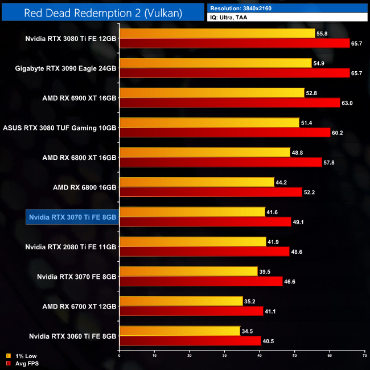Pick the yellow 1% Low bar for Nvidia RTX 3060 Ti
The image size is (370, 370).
point(180,331)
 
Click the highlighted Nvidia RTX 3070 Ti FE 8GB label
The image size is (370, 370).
point(72,216)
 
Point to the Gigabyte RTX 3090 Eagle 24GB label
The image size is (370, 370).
point(66,68)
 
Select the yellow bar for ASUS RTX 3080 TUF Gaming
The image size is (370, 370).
point(209,123)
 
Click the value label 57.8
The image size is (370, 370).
point(330,162)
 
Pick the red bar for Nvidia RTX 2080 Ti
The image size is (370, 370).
point(204,252)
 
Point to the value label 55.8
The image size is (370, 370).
point(322,34)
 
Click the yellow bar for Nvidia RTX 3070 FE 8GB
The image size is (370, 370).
point(188,271)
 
